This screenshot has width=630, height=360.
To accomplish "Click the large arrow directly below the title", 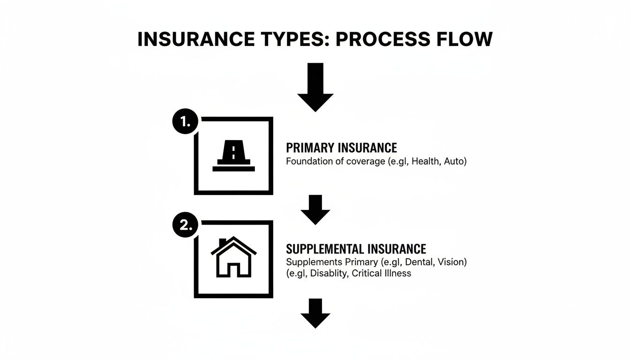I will (315, 88).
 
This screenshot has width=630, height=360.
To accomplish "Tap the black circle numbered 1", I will (186, 122).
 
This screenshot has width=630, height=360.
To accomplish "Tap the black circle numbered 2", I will (186, 225).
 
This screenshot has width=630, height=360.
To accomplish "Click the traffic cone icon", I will (233, 156).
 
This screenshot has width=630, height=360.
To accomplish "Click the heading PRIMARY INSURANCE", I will (341, 148).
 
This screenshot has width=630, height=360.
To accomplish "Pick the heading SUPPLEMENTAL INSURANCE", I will (356, 248).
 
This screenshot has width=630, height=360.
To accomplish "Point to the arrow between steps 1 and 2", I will (315, 210).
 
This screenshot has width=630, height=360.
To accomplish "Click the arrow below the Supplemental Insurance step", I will (315, 313).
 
